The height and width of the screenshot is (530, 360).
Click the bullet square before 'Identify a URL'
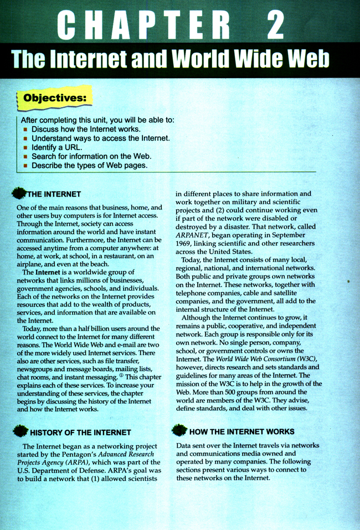coord(25,148)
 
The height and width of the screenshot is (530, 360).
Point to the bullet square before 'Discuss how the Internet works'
coord(25,129)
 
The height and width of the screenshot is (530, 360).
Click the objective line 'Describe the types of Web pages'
coord(89,166)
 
